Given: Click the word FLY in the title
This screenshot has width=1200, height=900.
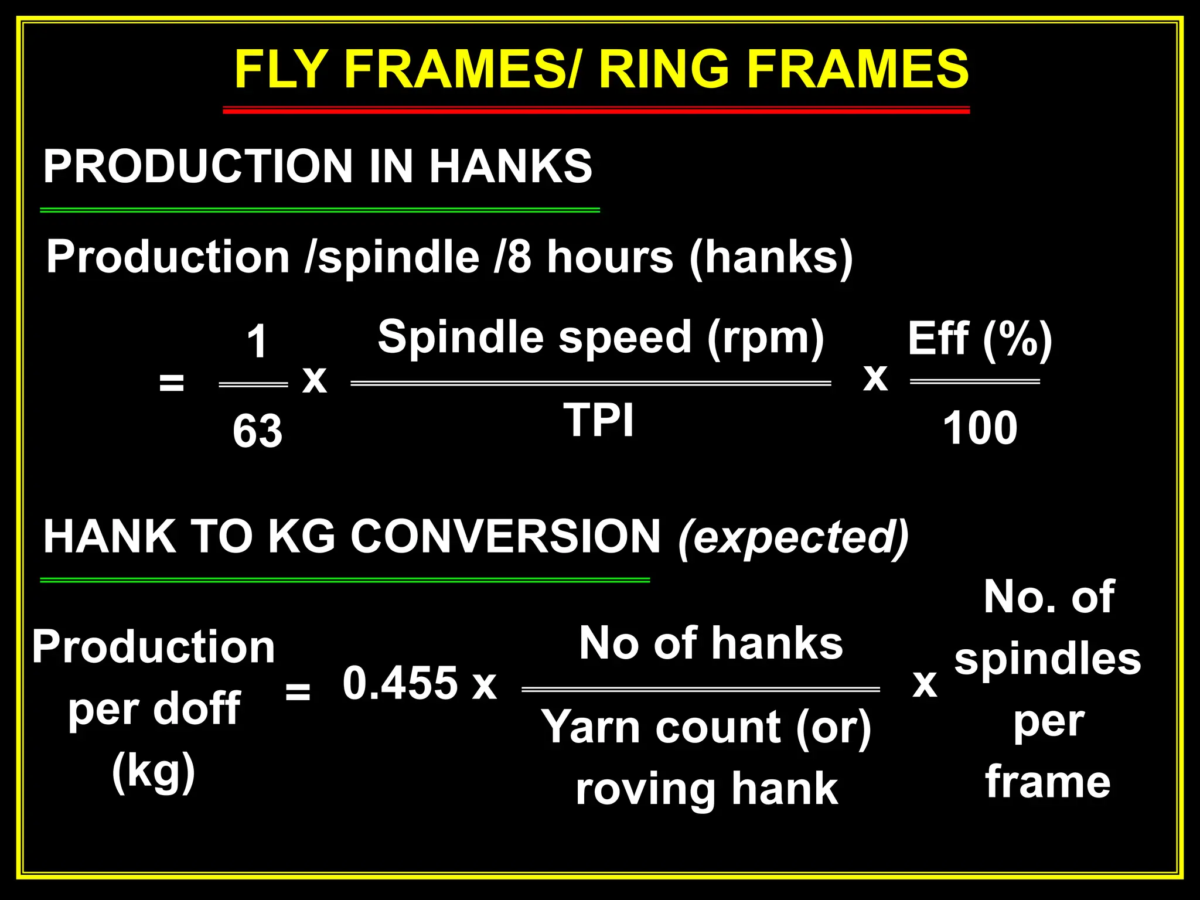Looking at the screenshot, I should point(279,69).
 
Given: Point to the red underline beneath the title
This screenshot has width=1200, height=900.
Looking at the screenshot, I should point(596,110).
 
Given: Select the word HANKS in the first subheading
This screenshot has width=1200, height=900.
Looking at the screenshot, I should point(510,166).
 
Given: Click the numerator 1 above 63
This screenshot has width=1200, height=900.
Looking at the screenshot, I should point(257,342).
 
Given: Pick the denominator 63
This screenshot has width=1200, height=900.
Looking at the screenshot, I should point(257,431).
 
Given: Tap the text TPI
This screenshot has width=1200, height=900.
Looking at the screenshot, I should point(598,420).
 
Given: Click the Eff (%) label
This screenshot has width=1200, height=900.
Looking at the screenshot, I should point(980,340).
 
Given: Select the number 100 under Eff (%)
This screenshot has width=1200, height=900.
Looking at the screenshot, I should point(980,428).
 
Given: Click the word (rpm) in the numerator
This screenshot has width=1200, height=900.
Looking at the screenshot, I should point(765,338).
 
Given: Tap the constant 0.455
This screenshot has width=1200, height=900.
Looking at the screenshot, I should point(400,683).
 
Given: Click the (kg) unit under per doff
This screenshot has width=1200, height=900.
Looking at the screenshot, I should point(154,772).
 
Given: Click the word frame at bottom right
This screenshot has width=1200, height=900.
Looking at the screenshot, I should point(1048,782).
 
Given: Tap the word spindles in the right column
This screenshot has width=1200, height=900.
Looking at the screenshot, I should point(1048,659).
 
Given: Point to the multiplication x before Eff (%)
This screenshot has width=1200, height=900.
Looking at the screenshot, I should point(875,378).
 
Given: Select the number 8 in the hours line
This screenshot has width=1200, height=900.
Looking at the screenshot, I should point(519,258).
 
